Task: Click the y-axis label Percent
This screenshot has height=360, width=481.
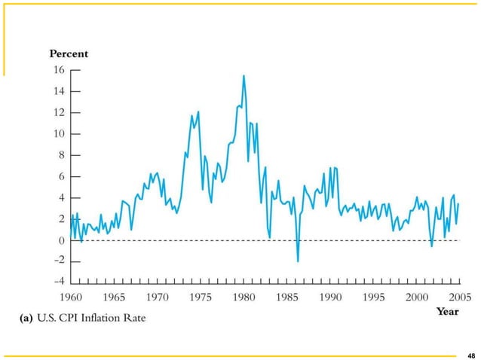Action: click(x=69, y=53)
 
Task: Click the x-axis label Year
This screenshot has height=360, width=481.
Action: click(x=448, y=312)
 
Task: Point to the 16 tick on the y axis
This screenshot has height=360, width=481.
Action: click(x=57, y=69)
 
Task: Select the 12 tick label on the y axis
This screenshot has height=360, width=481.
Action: click(x=57, y=112)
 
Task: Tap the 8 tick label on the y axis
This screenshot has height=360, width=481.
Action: click(x=60, y=155)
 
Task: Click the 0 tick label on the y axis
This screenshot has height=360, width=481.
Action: click(x=60, y=240)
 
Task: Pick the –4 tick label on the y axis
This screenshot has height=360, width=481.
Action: click(x=57, y=283)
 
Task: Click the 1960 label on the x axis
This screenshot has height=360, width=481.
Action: click(x=72, y=297)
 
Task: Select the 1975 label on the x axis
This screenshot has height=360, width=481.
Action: click(x=201, y=297)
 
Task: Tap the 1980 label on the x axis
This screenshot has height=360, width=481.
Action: click(x=244, y=297)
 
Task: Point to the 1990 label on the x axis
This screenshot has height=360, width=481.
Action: click(x=329, y=297)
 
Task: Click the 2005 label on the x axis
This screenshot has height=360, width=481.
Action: click(x=457, y=297)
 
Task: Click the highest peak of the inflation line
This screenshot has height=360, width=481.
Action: click(x=244, y=75)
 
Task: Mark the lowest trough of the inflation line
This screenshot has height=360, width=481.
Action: click(x=298, y=261)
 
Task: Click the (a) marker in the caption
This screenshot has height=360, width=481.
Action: click(x=25, y=318)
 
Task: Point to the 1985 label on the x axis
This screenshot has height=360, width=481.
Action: click(x=286, y=297)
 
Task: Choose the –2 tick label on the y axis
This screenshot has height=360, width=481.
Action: click(x=57, y=261)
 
